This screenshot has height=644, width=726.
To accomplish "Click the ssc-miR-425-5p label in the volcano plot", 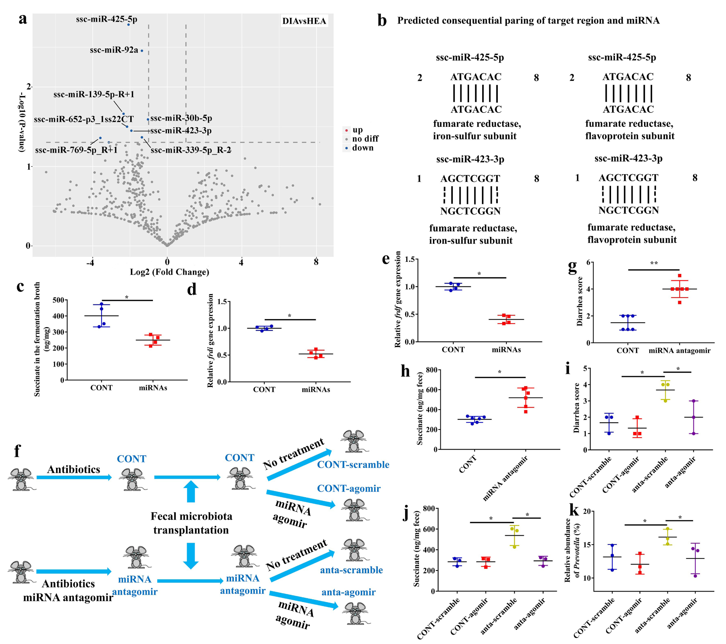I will (x=106, y=19).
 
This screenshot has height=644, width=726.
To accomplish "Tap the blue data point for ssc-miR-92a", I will (x=142, y=51).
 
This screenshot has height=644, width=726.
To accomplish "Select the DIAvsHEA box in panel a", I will (x=304, y=21).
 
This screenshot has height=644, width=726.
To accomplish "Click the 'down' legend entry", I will (x=362, y=148).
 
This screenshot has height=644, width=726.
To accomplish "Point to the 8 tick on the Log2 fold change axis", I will (x=316, y=262).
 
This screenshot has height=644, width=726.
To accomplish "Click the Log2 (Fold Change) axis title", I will (x=169, y=272).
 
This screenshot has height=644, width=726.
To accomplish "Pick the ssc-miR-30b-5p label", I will (x=181, y=118).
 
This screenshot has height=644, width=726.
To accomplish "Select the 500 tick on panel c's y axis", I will (x=59, y=300).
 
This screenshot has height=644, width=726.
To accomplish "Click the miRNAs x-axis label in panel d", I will (x=316, y=390).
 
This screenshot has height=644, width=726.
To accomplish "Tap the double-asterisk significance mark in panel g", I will (x=654, y=264).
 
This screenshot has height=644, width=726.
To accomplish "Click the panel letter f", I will (x=17, y=451).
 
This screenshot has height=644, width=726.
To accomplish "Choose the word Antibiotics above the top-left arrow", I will (x=73, y=469).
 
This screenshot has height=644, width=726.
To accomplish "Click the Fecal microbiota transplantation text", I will (x=191, y=523).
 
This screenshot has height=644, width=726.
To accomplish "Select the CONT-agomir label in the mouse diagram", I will (x=348, y=489).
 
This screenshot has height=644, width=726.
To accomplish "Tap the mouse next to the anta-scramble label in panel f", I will (x=354, y=550).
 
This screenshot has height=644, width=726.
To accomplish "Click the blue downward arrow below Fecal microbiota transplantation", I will (x=191, y=556).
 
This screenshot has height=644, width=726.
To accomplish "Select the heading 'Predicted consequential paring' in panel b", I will (x=528, y=21).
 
